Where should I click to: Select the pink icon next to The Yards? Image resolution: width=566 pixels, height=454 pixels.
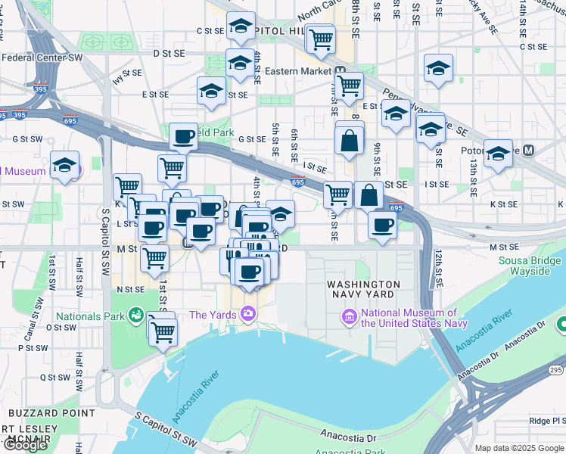248,314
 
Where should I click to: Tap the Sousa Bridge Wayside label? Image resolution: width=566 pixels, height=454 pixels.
529,266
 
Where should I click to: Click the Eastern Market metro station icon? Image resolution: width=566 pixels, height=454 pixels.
341,72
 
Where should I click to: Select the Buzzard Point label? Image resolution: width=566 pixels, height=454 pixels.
52,413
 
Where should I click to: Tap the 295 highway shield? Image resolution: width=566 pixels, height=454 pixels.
555,369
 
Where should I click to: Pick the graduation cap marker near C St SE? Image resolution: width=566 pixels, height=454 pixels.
241,28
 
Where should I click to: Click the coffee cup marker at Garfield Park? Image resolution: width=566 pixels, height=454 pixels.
183,136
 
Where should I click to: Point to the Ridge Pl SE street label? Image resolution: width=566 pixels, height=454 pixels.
548,421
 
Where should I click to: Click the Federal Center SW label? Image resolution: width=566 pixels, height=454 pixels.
53,57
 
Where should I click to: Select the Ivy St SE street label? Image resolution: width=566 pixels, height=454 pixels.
127,75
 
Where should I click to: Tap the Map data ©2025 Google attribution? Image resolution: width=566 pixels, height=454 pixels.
520,448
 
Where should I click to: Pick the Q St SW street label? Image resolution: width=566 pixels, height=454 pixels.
55,377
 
